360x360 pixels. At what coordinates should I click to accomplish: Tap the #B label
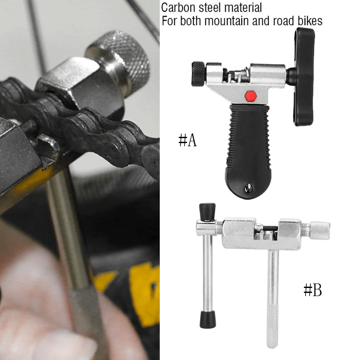point(313,290)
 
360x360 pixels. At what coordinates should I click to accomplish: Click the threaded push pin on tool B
point(267,229)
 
